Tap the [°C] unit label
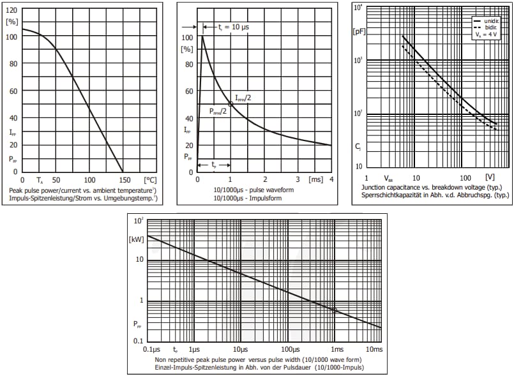[x=150, y=180]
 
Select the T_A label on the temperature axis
[x=40, y=181]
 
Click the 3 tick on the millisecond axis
[x=298, y=180]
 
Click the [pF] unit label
[x=359, y=30]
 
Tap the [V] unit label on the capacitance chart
[x=490, y=177]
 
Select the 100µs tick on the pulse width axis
[x=291, y=350]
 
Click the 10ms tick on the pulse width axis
[x=374, y=350]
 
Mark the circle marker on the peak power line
[x=335, y=310]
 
